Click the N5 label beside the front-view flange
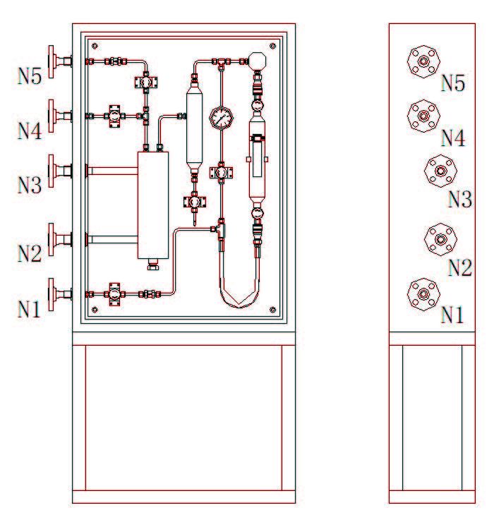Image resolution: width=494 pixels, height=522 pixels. click(x=30, y=76)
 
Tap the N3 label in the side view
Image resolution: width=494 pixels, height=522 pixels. click(x=460, y=200)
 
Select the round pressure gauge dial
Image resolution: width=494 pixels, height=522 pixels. click(x=221, y=118)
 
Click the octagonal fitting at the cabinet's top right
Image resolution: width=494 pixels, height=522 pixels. click(x=258, y=61)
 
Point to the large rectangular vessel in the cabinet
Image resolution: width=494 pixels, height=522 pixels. click(x=153, y=205)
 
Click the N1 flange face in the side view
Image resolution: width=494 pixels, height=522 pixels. click(x=423, y=294)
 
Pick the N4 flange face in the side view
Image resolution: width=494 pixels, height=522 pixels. click(x=423, y=116)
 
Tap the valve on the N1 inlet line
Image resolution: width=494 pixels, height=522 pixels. click(x=114, y=294)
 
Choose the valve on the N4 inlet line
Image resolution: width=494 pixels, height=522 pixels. click(x=114, y=116)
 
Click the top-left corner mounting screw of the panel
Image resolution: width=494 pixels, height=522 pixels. click(x=95, y=46)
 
